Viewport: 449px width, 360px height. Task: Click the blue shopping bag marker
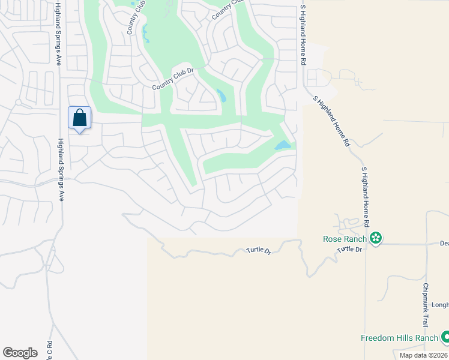tap(80, 118)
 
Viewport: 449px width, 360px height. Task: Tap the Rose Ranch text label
tap(345, 239)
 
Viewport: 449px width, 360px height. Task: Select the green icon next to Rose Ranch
tap(376, 239)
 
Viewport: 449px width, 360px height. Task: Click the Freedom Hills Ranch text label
tap(399, 338)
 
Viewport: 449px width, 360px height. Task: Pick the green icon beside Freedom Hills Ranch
tap(445, 338)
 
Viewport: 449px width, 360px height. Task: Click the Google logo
tap(20, 352)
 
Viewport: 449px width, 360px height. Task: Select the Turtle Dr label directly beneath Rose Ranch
tap(351, 249)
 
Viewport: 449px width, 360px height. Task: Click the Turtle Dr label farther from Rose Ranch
tap(259, 251)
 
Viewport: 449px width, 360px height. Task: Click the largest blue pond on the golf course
tap(282, 145)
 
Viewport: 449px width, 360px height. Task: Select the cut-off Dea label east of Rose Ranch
tap(444, 244)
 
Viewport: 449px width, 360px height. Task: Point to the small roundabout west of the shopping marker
tap(19, 103)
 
